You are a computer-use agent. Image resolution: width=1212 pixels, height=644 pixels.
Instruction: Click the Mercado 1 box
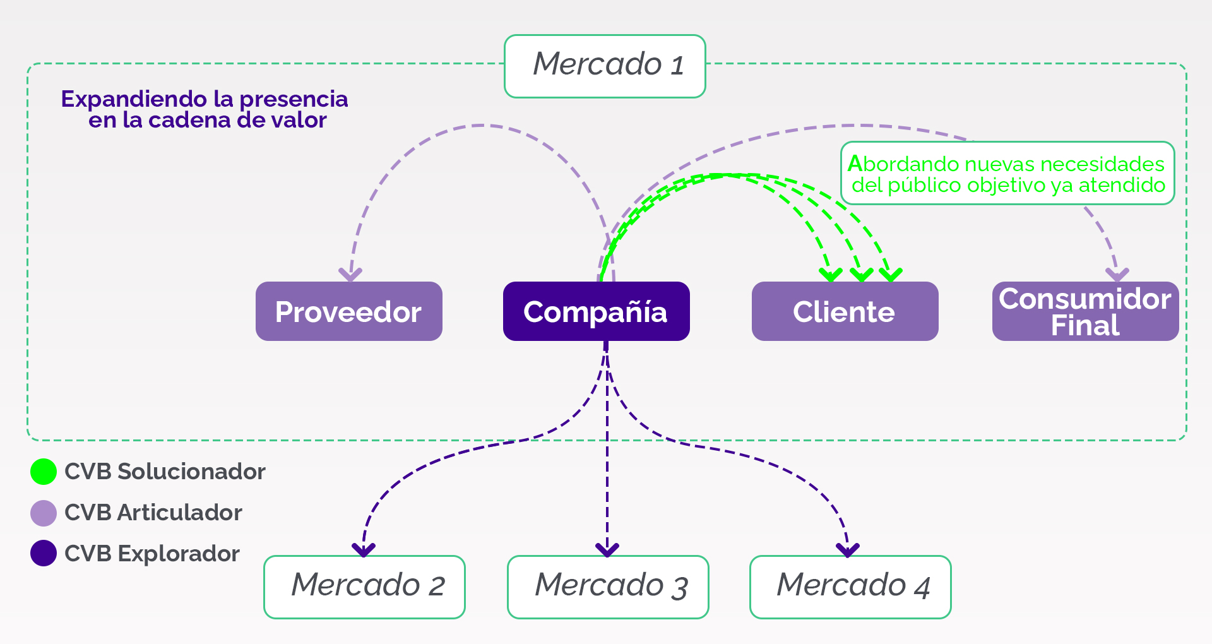[605, 66]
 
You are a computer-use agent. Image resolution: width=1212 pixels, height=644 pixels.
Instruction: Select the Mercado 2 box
[364, 587]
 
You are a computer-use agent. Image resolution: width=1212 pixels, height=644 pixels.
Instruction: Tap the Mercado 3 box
[608, 587]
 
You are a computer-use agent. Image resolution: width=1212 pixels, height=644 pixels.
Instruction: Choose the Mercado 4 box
[850, 587]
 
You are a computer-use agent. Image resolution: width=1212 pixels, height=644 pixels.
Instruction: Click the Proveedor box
[348, 311]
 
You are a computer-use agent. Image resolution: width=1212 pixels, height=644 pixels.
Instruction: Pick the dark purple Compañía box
[596, 311]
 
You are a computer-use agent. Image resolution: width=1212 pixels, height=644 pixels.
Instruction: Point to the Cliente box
[845, 311]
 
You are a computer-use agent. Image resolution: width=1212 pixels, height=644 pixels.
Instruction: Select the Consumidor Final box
[1085, 311]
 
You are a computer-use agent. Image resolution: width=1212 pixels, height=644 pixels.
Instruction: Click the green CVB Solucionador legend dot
[44, 472]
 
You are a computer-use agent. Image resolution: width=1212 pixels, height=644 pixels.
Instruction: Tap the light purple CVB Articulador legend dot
[44, 513]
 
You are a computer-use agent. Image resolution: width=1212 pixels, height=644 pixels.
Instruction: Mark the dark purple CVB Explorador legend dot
[44, 553]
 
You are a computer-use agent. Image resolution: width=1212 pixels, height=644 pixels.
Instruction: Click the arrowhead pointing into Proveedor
[350, 275]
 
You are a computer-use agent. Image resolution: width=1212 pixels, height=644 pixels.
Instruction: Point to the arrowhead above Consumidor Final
[1117, 275]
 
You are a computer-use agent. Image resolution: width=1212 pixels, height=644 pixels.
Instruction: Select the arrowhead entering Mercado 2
[364, 550]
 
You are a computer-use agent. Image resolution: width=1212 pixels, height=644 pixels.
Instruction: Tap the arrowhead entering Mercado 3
[607, 550]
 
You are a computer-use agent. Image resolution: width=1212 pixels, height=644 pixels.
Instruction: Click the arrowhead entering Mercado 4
[848, 550]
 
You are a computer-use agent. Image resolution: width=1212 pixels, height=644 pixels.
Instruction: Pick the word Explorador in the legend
[179, 554]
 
